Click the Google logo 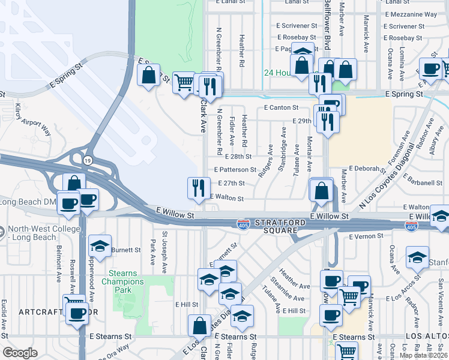coord(20,352)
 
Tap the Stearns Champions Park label coord(124,281)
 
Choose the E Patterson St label coord(233,170)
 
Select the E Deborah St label coord(366,169)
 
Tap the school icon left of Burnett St coord(100,245)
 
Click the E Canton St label coord(282,107)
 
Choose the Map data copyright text coord(424,355)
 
